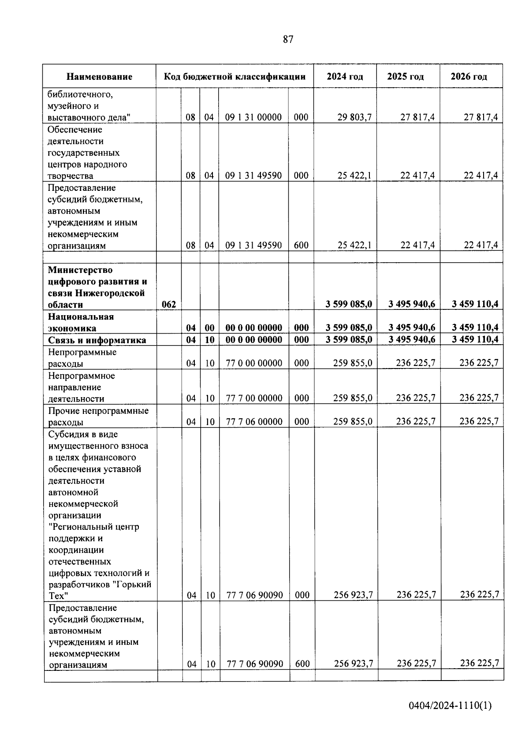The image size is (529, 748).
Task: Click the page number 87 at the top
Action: pos(287,40)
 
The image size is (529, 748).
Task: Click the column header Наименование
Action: pos(99,77)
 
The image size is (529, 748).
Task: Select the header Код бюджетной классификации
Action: pos(235,77)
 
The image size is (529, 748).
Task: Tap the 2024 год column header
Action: pos(345,77)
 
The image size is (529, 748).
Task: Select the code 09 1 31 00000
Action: pos(253,117)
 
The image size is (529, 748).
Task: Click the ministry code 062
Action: pos(169,305)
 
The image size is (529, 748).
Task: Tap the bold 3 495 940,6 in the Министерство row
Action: pos(412,304)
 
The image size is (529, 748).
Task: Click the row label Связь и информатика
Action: pos(97,340)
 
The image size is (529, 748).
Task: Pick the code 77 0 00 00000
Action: pos(254,363)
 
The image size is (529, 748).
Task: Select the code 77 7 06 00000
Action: pos(254,422)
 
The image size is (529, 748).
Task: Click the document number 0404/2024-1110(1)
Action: pos(450,706)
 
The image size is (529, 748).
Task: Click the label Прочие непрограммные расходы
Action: pos(98,417)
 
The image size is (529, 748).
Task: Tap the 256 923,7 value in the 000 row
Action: pos(354,595)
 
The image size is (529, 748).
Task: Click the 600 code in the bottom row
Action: pos(302,664)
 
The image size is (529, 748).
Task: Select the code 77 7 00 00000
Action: pos(254,398)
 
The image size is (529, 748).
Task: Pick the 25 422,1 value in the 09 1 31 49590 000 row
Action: pos(354,175)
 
